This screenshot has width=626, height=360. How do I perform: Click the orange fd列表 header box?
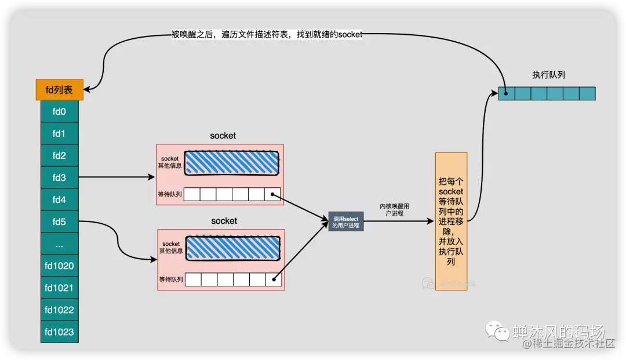coord(60,90)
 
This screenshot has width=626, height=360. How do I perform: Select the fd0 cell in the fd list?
coord(59,112)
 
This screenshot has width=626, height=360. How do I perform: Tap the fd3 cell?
coord(59,177)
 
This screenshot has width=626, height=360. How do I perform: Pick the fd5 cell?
coord(59,221)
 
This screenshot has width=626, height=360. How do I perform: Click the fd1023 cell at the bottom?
coord(59,332)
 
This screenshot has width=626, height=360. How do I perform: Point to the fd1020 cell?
coord(59,266)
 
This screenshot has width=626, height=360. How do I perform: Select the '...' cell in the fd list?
coord(59,244)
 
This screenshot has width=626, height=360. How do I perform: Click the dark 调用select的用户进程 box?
coord(346,222)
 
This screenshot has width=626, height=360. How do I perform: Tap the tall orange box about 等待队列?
coord(451,222)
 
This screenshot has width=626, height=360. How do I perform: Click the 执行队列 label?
coord(548,75)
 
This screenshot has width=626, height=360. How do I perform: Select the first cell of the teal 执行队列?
coord(507,93)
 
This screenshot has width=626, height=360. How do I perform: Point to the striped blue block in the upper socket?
coord(231,163)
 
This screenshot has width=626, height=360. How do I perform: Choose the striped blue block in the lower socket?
coord(233,248)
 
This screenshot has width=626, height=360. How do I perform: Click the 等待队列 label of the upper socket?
coord(170,194)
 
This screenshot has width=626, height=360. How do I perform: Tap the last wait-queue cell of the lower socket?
coord(274,279)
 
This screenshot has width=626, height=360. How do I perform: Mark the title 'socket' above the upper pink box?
coord(223,136)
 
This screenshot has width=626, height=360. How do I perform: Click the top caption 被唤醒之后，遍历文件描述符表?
coord(267,35)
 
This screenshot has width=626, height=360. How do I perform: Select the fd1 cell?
coord(59,134)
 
